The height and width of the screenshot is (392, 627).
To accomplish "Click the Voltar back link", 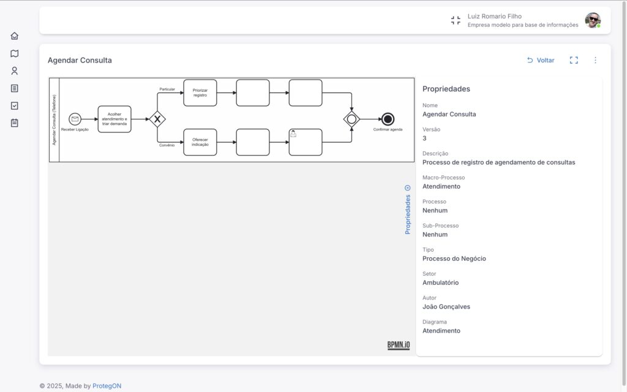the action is tap(541, 61).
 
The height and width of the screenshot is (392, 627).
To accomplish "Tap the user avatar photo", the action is tap(593, 20).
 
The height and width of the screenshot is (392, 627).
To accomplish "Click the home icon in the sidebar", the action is tap(15, 36).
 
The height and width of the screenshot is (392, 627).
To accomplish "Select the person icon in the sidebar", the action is tap(15, 71).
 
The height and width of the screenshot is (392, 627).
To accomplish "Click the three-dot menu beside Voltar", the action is tap(595, 60).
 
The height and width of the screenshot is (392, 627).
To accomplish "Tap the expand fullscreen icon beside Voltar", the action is tap(574, 60).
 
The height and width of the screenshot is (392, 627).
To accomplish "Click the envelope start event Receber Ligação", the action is tap(75, 119).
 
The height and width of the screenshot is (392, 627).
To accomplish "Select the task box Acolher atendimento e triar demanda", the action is tap(115, 119).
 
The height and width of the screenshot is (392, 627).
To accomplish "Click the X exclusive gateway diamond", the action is tap(157, 119).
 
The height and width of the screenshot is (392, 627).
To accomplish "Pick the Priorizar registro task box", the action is tap(200, 93).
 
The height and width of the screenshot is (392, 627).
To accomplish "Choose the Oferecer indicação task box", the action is tap(200, 142).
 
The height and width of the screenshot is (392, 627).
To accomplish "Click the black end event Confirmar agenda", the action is tap(388, 119).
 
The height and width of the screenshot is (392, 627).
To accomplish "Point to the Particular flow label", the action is tap(167, 89).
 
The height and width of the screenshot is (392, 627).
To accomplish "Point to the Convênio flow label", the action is tap(167, 145).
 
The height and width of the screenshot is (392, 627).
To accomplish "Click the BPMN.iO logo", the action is tap(398, 345).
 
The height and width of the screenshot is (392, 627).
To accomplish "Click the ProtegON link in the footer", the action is tap(107, 386).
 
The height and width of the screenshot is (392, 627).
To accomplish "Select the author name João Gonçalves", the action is tap(446, 307).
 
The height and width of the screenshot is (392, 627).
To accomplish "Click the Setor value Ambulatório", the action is tap(441, 283).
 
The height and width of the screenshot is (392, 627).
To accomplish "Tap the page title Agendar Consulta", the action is tap(80, 61).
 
